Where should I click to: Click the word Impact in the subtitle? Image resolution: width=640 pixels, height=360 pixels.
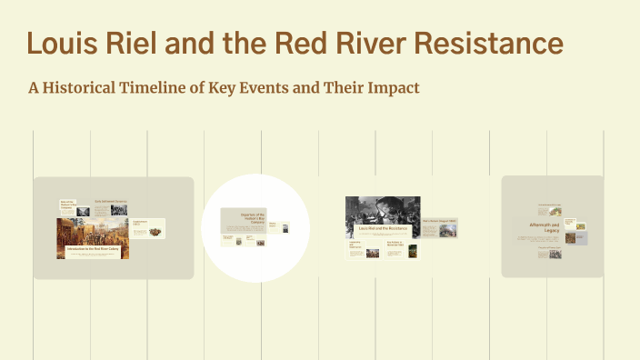pos(390,88)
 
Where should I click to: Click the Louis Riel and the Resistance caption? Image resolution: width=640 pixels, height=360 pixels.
pos(382,228)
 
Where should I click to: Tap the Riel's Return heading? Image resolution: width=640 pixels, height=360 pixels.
pos(438,220)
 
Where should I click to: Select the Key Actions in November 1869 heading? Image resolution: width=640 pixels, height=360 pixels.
pos(395,245)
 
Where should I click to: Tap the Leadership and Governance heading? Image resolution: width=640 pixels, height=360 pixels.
pos(355,245)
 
